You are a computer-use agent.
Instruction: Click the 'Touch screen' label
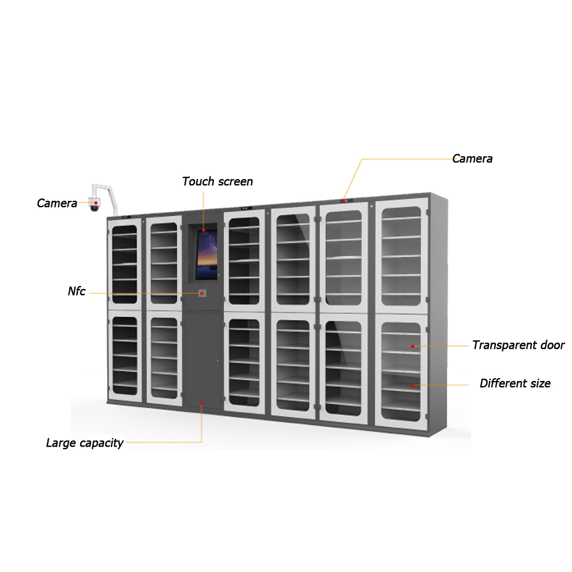pyautogui.click(x=217, y=182)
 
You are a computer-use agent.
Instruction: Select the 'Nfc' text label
pyautogui.click(x=77, y=292)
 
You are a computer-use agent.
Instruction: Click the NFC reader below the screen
pyautogui.click(x=202, y=293)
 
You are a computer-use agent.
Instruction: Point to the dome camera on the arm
pyautogui.click(x=94, y=204)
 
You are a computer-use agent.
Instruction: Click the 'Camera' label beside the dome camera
pyautogui.click(x=57, y=203)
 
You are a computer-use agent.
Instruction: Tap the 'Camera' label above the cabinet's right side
pyautogui.click(x=472, y=159)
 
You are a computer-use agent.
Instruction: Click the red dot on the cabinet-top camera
pyautogui.click(x=343, y=201)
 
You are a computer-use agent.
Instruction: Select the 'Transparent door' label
pyautogui.click(x=518, y=345)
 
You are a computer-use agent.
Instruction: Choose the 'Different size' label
pyautogui.click(x=515, y=383)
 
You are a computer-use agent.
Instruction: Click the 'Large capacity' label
pyautogui.click(x=85, y=443)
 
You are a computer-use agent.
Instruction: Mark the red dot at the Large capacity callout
pyautogui.click(x=202, y=403)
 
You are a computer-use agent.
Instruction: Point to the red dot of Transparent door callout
pyautogui.click(x=412, y=346)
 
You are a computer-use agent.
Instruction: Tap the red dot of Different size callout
pyautogui.click(x=412, y=385)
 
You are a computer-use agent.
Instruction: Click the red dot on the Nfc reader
pyautogui.click(x=202, y=293)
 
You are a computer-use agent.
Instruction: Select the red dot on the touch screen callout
pyautogui.click(x=203, y=230)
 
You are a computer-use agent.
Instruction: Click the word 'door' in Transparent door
pyautogui.click(x=552, y=345)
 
